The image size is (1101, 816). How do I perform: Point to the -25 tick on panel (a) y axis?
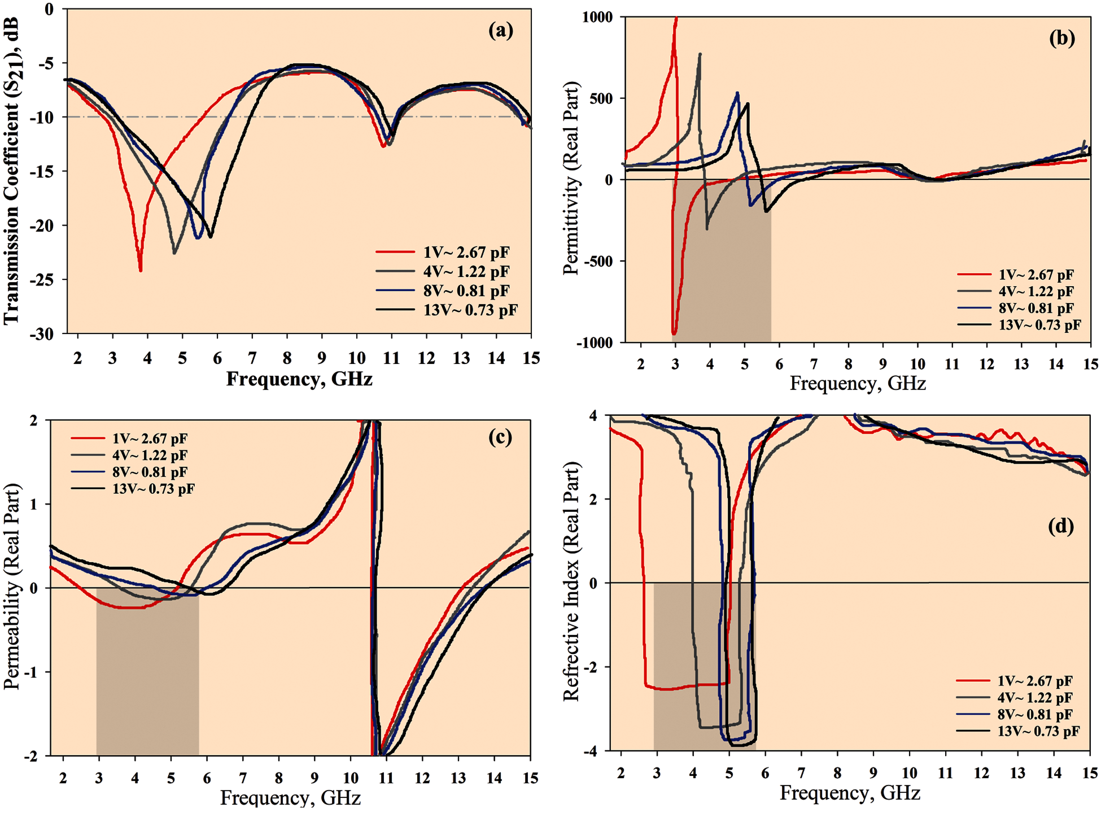coord(49,280)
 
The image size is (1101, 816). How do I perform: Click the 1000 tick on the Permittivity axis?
coord(597,17)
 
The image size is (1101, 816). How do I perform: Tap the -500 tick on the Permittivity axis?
coord(599,261)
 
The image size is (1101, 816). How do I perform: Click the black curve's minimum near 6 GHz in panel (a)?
coord(211,237)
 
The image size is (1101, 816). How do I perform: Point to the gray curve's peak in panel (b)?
coord(700,54)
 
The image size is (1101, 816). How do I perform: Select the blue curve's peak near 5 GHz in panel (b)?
coord(737,93)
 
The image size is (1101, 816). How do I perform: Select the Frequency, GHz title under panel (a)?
coord(299,379)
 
